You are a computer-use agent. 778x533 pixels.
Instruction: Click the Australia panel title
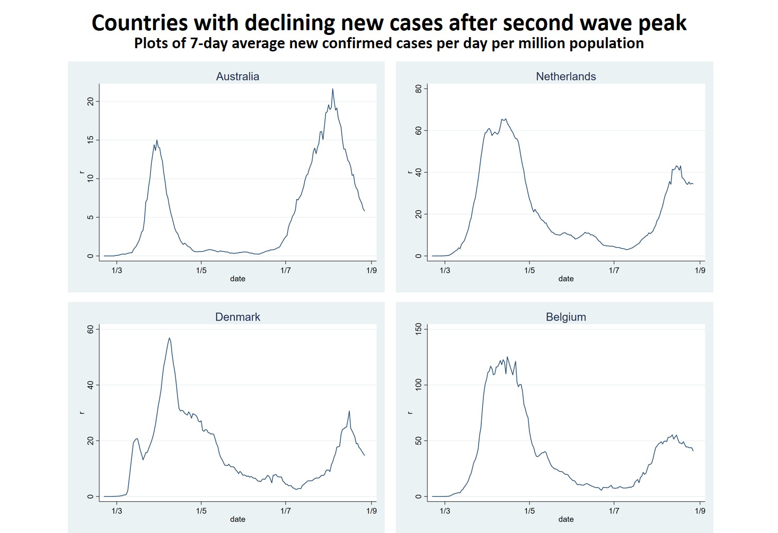tap(237, 76)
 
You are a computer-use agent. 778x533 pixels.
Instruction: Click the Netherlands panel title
tap(565, 76)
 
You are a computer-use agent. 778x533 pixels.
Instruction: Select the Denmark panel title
tap(237, 317)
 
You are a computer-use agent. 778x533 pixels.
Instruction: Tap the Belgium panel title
tap(565, 317)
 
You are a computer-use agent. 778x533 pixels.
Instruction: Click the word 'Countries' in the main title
tap(139, 23)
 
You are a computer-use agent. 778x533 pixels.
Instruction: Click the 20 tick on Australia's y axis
tap(91, 101)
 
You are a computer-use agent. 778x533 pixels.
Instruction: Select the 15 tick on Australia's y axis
tap(91, 140)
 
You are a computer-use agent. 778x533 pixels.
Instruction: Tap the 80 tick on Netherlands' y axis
tap(419, 89)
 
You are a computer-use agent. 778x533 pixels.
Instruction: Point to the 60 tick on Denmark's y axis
tap(91, 329)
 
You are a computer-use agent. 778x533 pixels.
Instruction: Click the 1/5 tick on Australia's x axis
tap(201, 270)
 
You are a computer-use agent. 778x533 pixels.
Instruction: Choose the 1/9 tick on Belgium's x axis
tap(700, 511)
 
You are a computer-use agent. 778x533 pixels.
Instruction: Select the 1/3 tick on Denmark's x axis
tap(117, 511)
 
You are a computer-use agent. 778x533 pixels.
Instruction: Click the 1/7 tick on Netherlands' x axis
tap(614, 270)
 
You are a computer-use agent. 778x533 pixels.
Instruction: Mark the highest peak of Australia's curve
tap(333, 89)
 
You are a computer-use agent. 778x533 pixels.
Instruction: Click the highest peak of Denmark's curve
tap(169, 338)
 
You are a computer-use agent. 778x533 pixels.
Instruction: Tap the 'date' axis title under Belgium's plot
tap(565, 519)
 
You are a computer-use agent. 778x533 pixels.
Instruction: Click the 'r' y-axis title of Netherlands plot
tap(410, 172)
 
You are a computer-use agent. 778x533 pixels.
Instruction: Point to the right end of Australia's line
tap(364, 211)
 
